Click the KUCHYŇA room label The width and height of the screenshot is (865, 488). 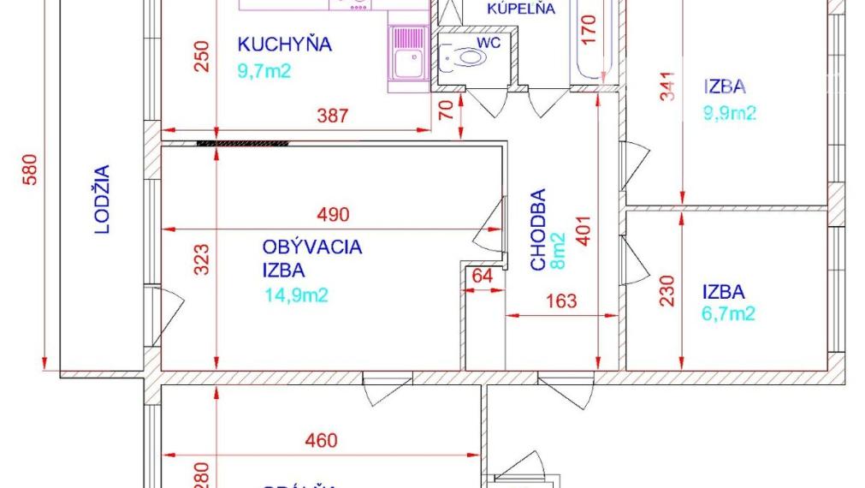tap(284, 45)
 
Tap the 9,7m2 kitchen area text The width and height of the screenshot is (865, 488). tap(264, 70)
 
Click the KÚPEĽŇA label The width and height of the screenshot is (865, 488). tap(521, 9)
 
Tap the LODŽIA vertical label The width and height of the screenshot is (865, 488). tap(102, 199)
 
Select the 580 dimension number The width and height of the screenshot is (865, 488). tap(30, 170)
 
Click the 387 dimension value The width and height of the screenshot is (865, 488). tap(332, 116)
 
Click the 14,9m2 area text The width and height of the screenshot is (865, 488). tap(297, 295)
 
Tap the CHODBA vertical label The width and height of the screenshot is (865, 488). tap(538, 229)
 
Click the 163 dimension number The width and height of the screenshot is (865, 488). tap(560, 301)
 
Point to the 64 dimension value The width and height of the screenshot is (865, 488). tap(483, 277)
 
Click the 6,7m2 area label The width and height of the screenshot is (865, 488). tap(729, 313)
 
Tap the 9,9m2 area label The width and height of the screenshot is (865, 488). tap(731, 112)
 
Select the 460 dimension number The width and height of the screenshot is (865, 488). tap(321, 442)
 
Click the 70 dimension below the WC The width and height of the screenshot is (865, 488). tap(444, 110)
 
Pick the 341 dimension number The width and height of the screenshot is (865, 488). tap(668, 86)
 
